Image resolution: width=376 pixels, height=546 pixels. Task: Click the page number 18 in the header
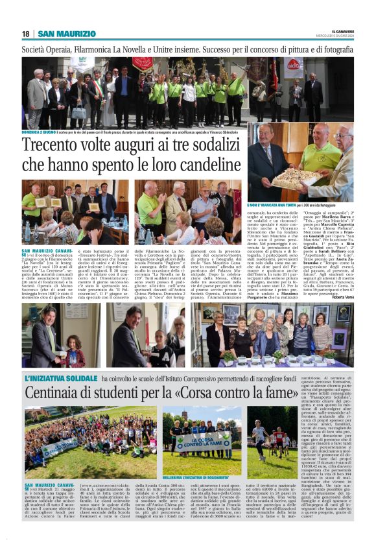26,34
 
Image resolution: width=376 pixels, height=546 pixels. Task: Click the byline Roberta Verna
342,296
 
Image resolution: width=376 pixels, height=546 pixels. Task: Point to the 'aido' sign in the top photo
293,65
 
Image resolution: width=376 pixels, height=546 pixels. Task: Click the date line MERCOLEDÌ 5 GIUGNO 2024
341,36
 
